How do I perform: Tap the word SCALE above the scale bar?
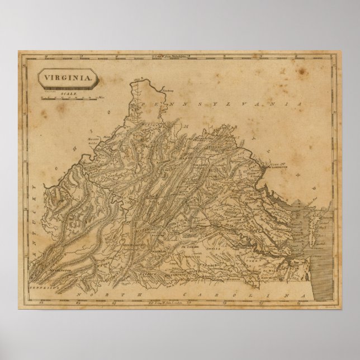(x=69, y=94)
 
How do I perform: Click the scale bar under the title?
(x=70, y=100)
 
